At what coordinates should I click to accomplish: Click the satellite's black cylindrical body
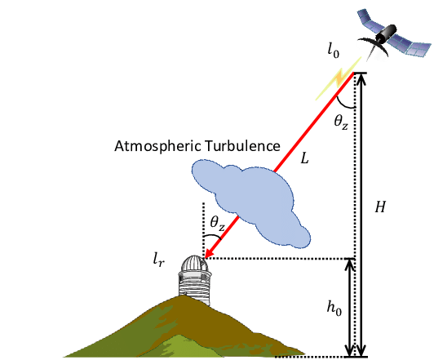pyautogui.click(x=386, y=33)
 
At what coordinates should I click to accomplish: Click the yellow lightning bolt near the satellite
pyautogui.click(x=339, y=78)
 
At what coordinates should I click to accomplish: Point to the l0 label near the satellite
pyautogui.click(x=333, y=51)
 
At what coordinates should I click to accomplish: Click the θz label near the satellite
pyautogui.click(x=341, y=122)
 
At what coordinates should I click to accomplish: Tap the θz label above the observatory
pyautogui.click(x=217, y=223)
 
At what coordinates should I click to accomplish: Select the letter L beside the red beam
pyautogui.click(x=304, y=158)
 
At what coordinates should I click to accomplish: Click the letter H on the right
pyautogui.click(x=380, y=207)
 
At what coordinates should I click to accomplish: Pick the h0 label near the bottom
pyautogui.click(x=334, y=308)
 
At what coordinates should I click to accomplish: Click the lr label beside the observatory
pyautogui.click(x=159, y=260)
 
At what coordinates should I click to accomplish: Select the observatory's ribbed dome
pyautogui.click(x=194, y=263)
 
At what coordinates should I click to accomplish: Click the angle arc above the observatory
pyautogui.click(x=213, y=236)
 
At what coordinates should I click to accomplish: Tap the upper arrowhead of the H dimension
pyautogui.click(x=361, y=78)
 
